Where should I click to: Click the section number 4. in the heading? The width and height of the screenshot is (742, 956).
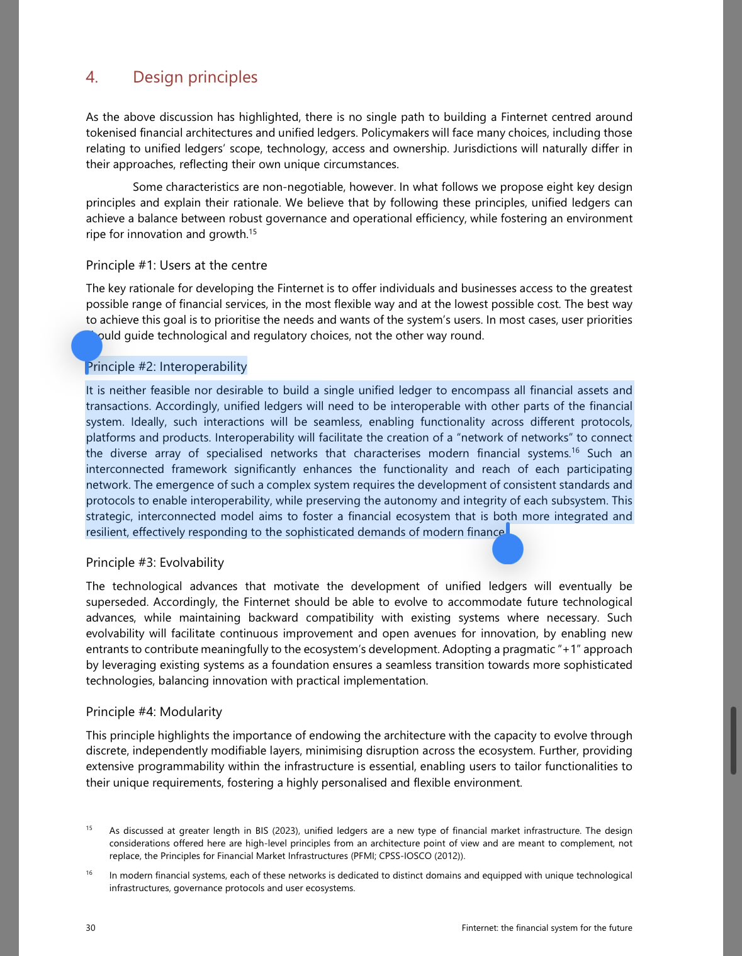point(92,77)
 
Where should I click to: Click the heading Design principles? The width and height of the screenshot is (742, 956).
point(195,77)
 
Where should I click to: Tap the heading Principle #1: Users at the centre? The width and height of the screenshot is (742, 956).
point(176,265)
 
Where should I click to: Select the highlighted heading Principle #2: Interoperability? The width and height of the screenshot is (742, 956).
point(167,367)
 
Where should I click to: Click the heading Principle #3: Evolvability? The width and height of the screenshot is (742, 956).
point(155,562)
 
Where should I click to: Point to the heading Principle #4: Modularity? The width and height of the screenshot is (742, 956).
point(154,712)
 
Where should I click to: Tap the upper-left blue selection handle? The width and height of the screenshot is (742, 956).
point(87,346)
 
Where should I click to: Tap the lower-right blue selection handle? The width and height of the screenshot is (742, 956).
point(508,549)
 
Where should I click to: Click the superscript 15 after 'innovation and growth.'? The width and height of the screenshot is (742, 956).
point(253,231)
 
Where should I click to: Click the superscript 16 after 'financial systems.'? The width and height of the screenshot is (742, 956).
point(575,450)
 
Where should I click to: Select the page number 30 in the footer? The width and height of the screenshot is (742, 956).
point(91,928)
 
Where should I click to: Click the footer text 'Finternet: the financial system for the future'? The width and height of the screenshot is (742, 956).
point(546,928)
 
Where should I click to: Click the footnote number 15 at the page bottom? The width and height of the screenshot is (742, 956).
point(89,828)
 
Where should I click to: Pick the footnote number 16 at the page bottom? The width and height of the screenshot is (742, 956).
point(89,873)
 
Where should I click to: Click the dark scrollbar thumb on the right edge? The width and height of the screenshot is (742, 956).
point(733,740)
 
